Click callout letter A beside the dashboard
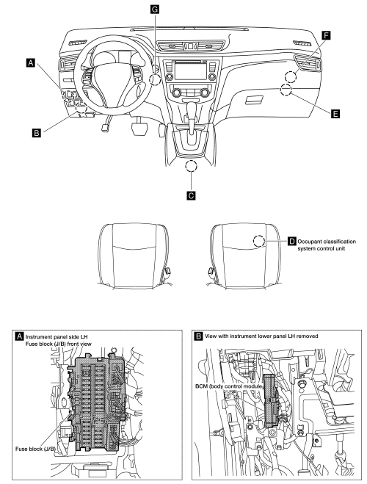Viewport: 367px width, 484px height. click(x=30, y=65)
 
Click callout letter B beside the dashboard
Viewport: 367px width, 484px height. click(x=36, y=133)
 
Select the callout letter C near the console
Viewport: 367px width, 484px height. click(x=192, y=196)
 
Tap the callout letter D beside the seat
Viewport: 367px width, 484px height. click(x=291, y=241)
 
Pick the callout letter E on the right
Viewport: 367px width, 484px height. click(x=335, y=114)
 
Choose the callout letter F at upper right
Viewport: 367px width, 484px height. click(x=325, y=35)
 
